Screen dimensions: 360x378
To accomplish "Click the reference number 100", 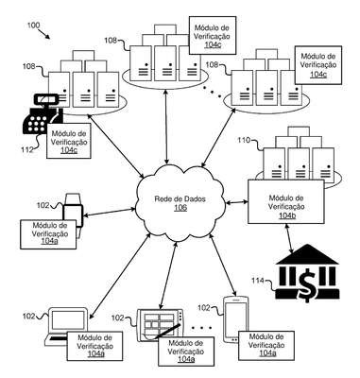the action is coord(33,25).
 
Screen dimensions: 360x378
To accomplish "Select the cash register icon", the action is coord(43,114).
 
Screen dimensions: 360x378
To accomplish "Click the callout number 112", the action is coord(27,150).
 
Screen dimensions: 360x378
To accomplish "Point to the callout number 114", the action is coord(257,280).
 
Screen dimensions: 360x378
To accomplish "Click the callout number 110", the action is coord(244,140).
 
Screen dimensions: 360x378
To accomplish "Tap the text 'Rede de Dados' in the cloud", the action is coord(180,199).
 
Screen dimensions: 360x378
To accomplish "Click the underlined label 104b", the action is coord(286,215).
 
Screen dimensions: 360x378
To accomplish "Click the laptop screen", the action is coord(68,320).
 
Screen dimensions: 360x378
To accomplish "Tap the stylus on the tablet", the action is coord(167,331).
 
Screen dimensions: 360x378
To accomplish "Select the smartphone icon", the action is coord(235,319).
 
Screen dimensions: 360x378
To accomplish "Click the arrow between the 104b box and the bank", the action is coord(290,238).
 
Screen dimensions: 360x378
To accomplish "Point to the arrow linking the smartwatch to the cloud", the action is coord(109,212).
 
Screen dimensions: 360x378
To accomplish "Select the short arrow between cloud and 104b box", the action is coord(237,202).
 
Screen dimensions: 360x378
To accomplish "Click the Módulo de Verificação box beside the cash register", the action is coord(69,140).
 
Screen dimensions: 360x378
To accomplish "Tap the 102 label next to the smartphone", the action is coord(204,307).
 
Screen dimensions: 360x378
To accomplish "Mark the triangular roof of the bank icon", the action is coord(306,255).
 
